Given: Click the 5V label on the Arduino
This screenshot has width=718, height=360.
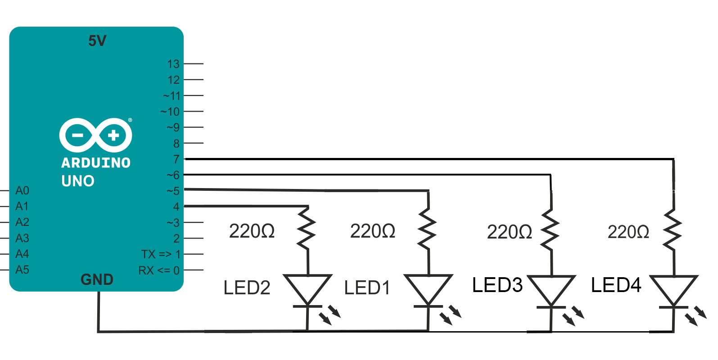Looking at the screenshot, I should (97, 41).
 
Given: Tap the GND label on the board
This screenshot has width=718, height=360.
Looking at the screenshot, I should (97, 279).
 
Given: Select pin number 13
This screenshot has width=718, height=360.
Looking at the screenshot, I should (173, 64).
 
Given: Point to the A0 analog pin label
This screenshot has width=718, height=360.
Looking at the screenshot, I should (22, 191).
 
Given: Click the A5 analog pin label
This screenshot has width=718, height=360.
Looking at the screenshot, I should (22, 270).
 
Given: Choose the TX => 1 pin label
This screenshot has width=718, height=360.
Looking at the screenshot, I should (161, 254).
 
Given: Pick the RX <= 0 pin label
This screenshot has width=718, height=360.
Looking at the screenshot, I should (159, 270).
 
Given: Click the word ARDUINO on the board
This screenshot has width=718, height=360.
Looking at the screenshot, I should (96, 162).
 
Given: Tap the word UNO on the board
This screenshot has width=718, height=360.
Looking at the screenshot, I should (78, 181).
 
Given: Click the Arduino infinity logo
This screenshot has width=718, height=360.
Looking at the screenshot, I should (95, 135).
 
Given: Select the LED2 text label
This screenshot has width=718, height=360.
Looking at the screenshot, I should (247, 288).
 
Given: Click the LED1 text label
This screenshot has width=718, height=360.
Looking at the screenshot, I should (367, 288).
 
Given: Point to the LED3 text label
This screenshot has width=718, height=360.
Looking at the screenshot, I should (497, 285).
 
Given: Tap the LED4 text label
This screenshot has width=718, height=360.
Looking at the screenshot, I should (616, 285).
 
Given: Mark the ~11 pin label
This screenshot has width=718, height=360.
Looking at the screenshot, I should (172, 96).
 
